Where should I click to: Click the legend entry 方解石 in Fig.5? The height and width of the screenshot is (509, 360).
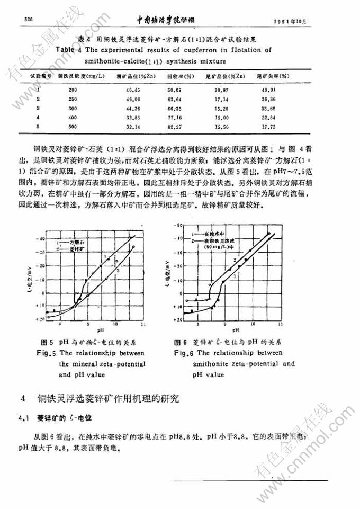pos(74,240)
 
